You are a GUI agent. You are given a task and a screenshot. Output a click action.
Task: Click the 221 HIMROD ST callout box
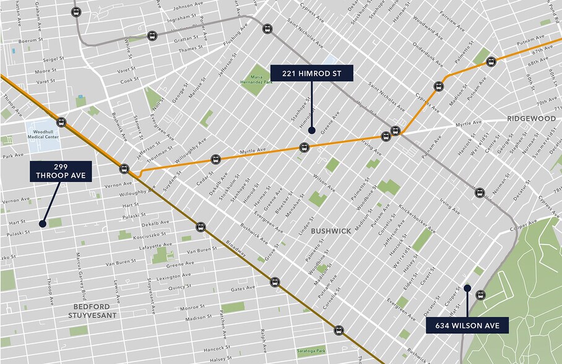point(311,74)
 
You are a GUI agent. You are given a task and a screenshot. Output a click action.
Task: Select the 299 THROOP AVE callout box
point(61,171)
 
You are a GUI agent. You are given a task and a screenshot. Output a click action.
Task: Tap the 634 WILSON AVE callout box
point(467,325)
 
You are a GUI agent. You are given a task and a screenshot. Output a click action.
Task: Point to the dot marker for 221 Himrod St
point(312,130)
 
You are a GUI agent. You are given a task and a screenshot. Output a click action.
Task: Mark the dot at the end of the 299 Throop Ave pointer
point(43,223)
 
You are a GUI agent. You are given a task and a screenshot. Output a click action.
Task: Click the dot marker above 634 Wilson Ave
point(467,288)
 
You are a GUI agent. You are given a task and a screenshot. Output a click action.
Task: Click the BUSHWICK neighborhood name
point(331,231)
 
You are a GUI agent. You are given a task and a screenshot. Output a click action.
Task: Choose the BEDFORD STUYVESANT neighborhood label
point(92,311)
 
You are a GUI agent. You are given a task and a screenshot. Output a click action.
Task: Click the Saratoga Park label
point(310,350)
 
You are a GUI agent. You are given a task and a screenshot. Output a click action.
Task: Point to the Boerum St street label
point(29,41)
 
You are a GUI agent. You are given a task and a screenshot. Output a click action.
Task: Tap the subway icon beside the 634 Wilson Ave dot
point(480,295)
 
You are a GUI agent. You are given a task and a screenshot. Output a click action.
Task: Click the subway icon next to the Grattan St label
point(152,36)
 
